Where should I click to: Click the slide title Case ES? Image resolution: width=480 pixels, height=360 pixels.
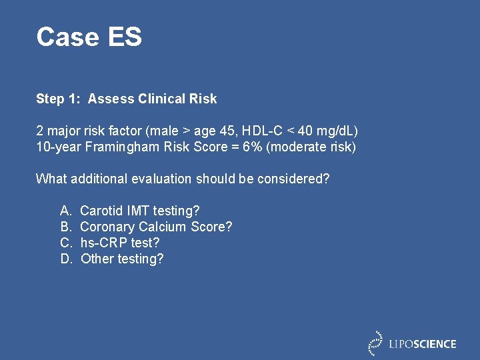(89, 37)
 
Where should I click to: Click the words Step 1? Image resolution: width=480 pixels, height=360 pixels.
(59, 99)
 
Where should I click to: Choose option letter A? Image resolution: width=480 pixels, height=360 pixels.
(65, 211)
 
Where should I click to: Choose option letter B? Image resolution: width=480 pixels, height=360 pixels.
(65, 227)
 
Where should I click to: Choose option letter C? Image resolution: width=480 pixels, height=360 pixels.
(65, 243)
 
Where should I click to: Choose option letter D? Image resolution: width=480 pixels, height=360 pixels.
(65, 259)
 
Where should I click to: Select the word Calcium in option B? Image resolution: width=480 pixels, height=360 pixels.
(163, 227)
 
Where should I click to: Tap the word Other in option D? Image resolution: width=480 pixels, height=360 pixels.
(97, 259)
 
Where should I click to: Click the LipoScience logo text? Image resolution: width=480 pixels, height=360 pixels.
(423, 344)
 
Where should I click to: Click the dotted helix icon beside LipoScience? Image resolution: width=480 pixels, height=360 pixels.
(376, 343)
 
